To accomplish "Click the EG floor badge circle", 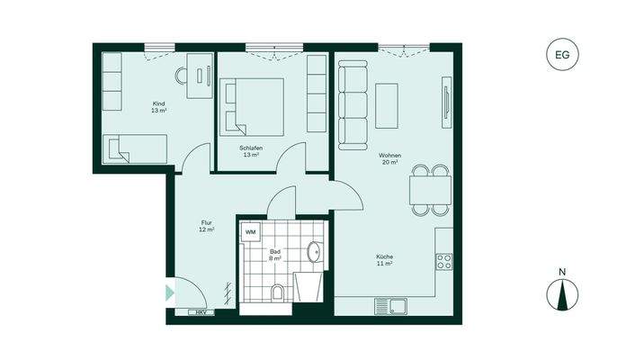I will (x=563, y=56).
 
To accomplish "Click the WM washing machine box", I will (x=251, y=232).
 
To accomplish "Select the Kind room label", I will (x=158, y=107).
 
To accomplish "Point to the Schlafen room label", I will (x=250, y=151).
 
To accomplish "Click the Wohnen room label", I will (x=390, y=159).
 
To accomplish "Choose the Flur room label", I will (x=206, y=226).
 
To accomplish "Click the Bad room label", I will (x=275, y=255).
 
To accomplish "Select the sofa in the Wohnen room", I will (x=352, y=105).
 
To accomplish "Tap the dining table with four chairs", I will (x=429, y=189).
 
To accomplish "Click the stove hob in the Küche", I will (x=443, y=262).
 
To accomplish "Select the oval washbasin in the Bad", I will (x=314, y=251).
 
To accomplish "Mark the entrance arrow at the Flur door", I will (x=168, y=292).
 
